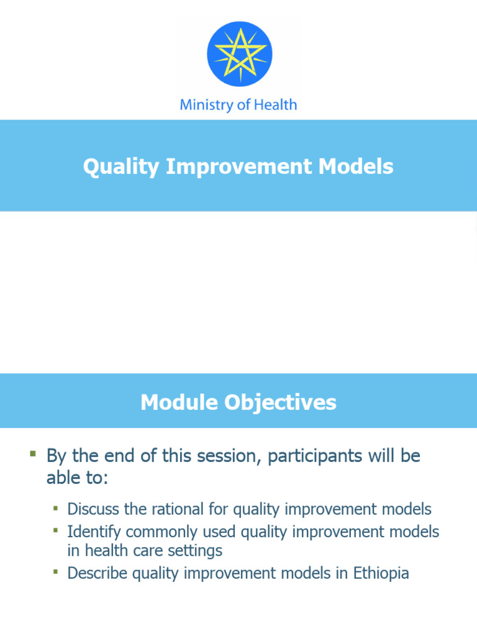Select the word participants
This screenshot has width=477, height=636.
313,457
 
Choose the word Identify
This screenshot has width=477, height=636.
94,532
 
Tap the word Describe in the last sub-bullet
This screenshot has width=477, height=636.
98,573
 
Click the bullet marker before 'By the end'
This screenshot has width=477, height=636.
33,454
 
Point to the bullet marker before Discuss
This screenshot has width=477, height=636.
55,508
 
